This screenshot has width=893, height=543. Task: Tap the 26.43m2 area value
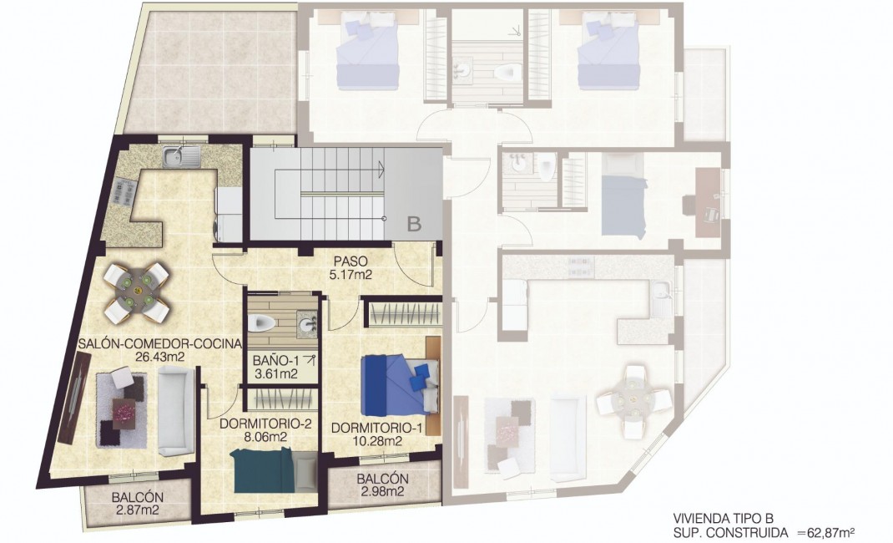pos(159,357)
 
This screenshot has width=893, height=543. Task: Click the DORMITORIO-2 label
pos(265,424)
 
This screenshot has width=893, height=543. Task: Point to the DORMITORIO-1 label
pos(366,429)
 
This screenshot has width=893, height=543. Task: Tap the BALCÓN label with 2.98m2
pos(381,479)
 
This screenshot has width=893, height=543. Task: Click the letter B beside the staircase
pos(415,223)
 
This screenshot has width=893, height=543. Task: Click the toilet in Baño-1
pos(263,322)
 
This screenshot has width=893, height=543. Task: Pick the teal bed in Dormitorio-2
pos(265,471)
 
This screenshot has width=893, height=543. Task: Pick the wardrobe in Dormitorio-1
pos(403,313)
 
